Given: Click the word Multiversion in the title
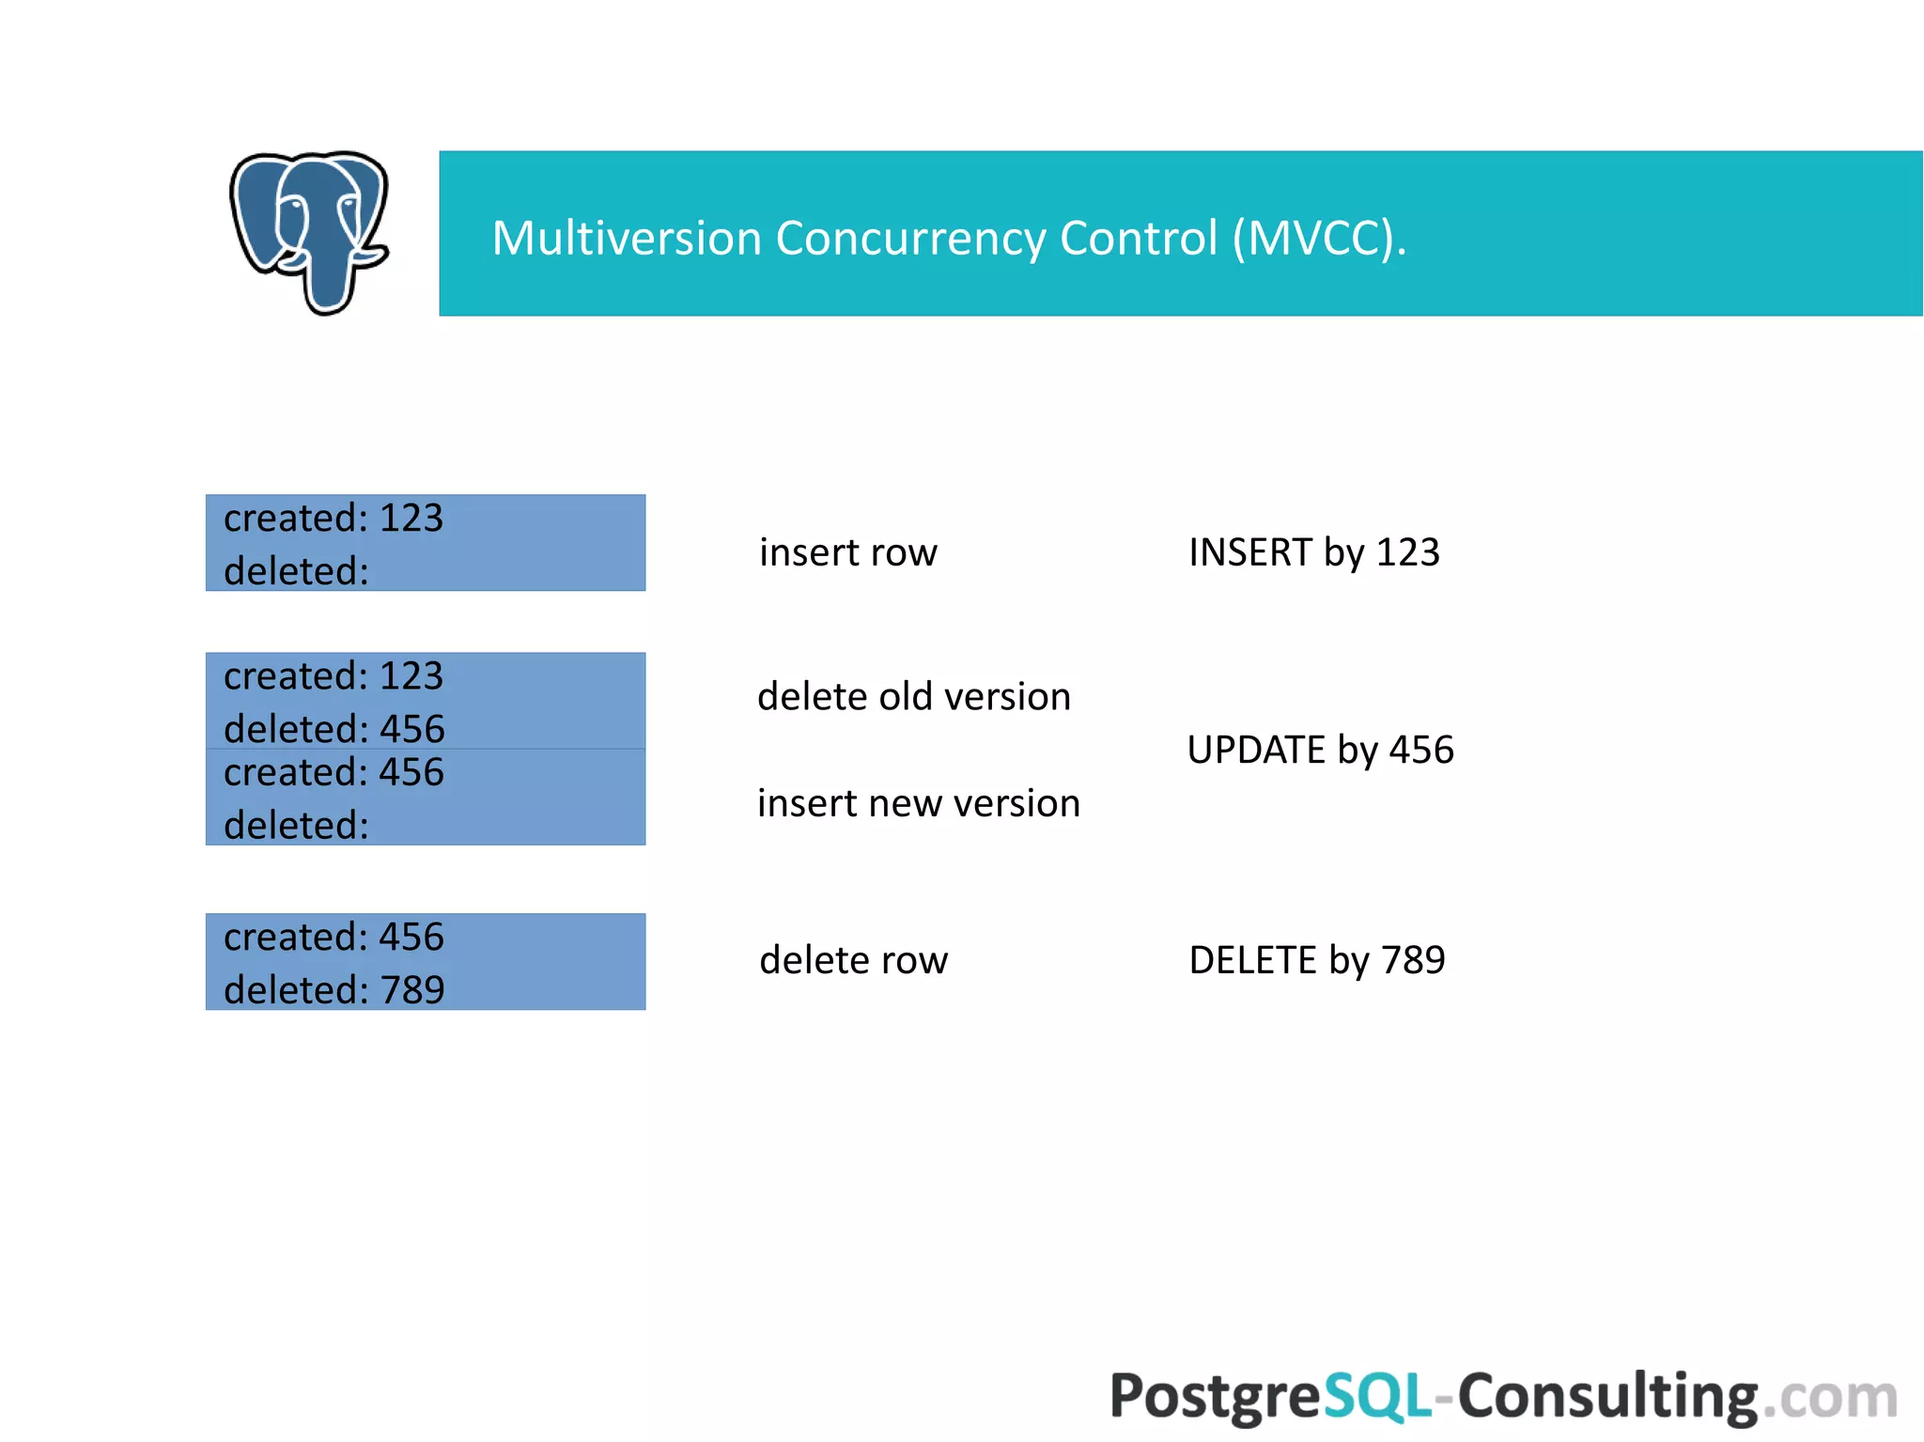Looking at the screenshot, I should (626, 238).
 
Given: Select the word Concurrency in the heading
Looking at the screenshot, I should (909, 238).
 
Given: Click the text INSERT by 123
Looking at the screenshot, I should (1313, 552).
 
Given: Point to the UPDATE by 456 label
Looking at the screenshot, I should (1320, 750).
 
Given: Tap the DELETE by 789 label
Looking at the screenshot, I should (1316, 960).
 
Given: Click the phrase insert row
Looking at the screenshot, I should (847, 552).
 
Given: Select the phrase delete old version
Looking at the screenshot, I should (913, 697).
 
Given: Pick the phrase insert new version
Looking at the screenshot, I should (918, 804).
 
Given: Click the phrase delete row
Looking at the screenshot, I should (853, 960).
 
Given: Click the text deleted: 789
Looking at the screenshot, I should (334, 990).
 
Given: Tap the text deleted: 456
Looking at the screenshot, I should (334, 729).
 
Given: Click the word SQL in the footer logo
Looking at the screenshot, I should (1376, 1396).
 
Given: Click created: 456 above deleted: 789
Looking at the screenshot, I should (334, 938).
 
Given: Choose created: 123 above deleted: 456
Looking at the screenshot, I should (334, 676).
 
